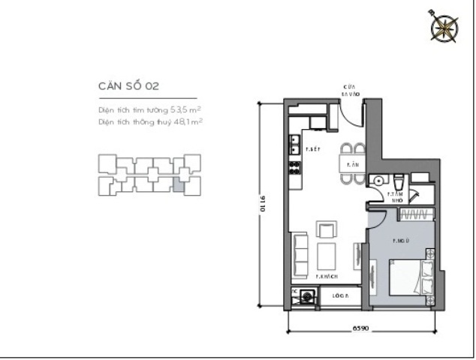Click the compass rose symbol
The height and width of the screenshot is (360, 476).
click(444, 26)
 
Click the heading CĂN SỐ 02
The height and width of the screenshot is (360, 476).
click(128, 87)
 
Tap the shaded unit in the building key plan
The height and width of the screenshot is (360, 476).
click(179, 183)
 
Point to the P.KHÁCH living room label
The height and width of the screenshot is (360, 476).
click(324, 276)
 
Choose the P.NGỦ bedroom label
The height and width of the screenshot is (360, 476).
click(401, 241)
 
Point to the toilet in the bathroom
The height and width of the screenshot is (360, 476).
click(399, 181)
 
